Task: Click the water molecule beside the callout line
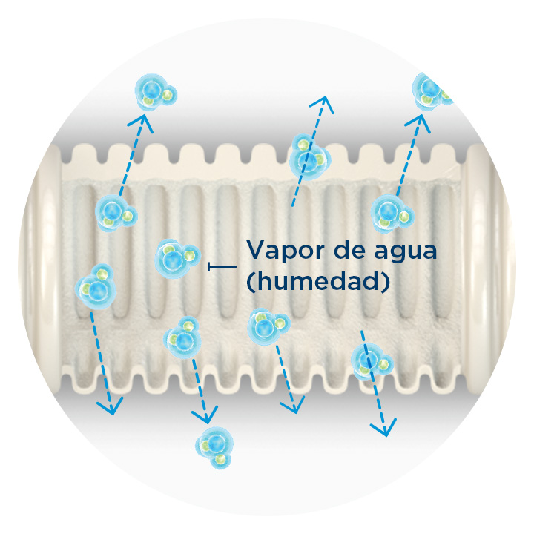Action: tap(176, 257)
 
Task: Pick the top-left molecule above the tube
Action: tap(155, 92)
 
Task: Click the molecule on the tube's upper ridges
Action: tap(308, 156)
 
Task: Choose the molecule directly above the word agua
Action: tap(389, 212)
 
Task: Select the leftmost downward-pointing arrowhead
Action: tap(111, 408)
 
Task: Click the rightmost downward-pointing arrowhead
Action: tap(386, 430)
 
